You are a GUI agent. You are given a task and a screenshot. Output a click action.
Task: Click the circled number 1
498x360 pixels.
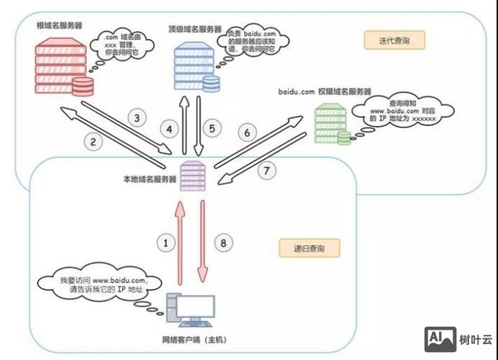166,243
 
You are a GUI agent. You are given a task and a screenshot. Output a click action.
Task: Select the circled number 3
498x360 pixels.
137,117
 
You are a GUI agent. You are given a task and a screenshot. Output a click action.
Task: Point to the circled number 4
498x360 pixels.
170,130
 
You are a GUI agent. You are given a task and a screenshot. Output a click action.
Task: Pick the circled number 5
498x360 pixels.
212,130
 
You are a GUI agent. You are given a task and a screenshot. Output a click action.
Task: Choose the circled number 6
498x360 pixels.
246,132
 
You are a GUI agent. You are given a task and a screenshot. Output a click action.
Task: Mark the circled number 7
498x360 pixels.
267,171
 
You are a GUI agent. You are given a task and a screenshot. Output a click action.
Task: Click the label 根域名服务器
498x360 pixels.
60,25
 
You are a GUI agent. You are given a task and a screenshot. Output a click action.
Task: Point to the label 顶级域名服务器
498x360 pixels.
193,29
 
